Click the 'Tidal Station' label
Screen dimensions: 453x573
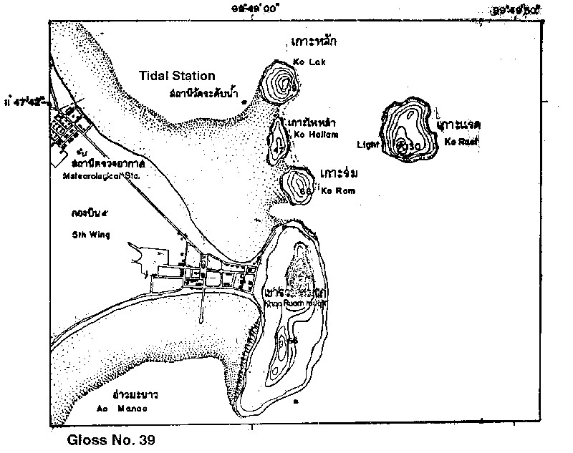pyautogui.click(x=178, y=76)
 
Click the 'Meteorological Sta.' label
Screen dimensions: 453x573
pyautogui.click(x=104, y=175)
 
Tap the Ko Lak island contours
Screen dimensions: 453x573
pyautogui.click(x=282, y=84)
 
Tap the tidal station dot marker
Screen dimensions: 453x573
pyautogui.click(x=244, y=102)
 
